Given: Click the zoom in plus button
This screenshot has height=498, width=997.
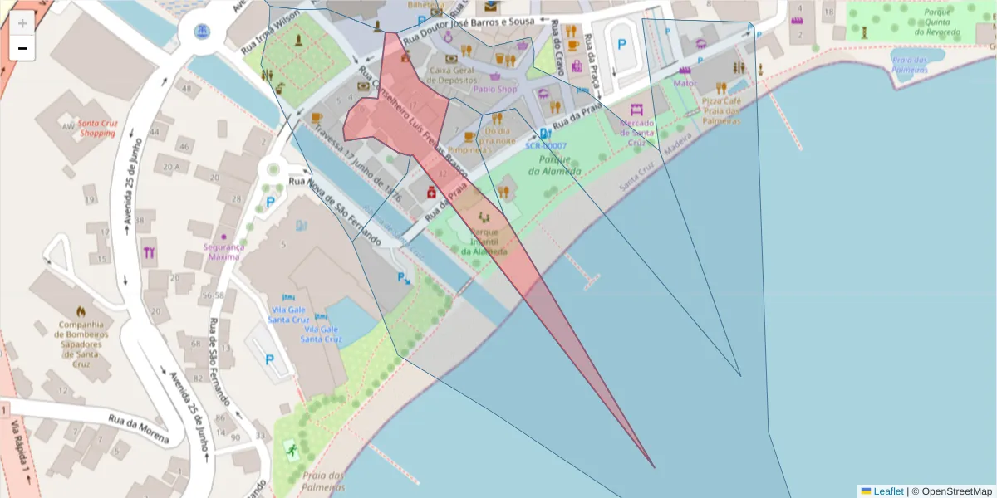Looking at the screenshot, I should (x=22, y=23).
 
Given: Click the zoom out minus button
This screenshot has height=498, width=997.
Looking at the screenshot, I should (x=22, y=48).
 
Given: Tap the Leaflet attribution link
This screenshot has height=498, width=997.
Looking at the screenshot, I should (x=888, y=491).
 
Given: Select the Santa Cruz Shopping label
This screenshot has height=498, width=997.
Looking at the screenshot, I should (x=97, y=128).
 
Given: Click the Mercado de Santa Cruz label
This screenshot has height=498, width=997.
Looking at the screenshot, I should (x=637, y=132).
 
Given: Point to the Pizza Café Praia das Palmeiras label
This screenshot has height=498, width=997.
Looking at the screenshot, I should (x=715, y=110).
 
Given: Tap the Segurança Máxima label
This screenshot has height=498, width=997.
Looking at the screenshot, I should (x=223, y=251).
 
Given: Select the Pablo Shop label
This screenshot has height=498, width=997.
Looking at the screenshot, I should (x=495, y=89).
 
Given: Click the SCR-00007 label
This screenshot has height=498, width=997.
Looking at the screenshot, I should (x=545, y=145).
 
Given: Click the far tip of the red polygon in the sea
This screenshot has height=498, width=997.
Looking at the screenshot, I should (x=654, y=467).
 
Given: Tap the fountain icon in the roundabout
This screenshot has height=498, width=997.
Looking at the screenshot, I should (x=202, y=32).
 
